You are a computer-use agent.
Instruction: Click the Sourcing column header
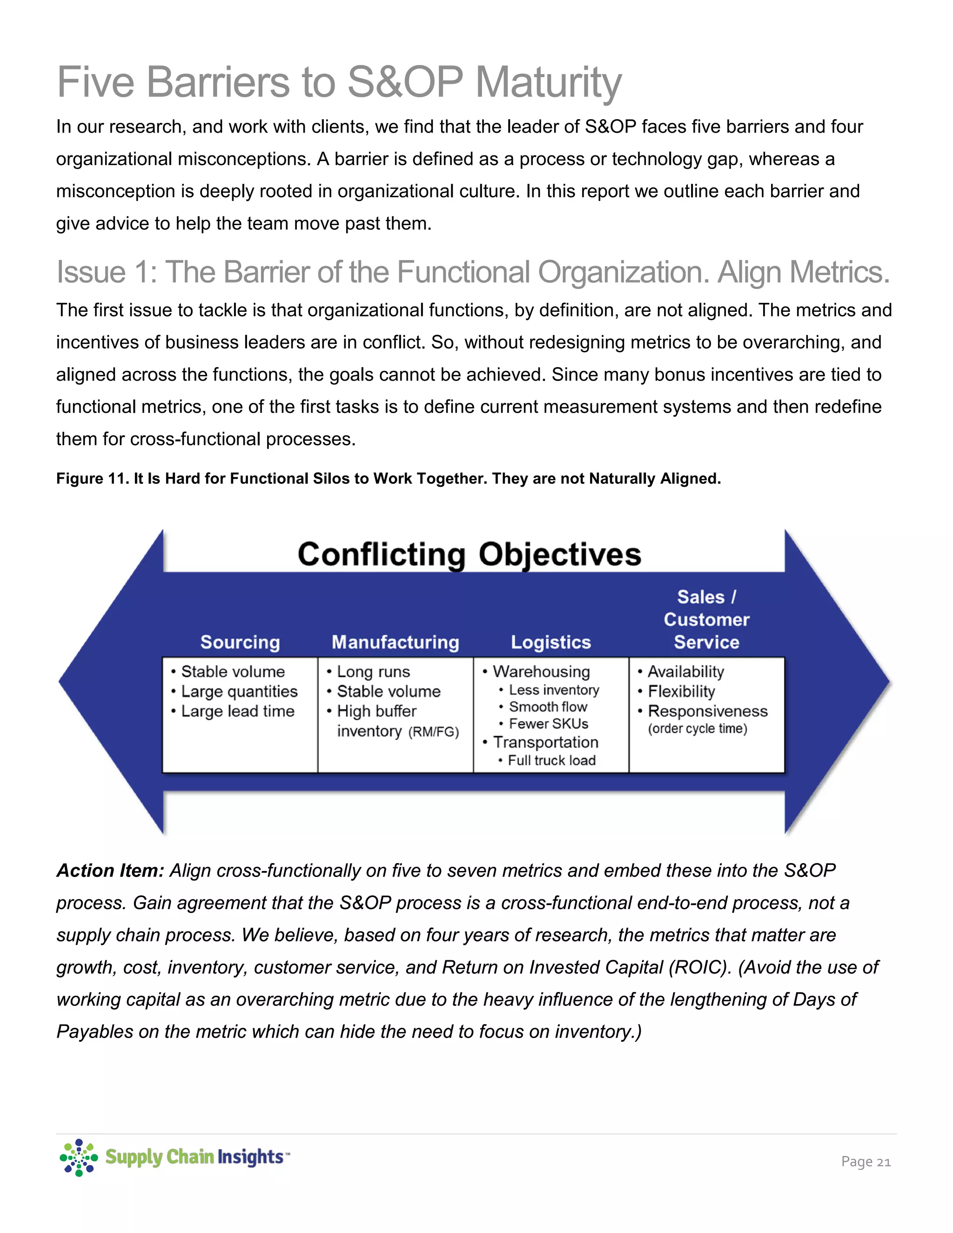(x=240, y=642)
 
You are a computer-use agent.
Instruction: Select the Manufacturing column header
(x=395, y=642)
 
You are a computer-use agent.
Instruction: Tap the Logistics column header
(x=550, y=642)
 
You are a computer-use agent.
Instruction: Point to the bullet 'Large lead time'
(x=237, y=711)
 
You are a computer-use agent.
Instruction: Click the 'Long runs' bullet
(x=373, y=671)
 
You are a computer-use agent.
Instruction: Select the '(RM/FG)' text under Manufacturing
(x=434, y=732)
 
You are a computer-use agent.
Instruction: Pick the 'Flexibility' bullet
(x=681, y=691)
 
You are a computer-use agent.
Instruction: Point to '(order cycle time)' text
(x=697, y=728)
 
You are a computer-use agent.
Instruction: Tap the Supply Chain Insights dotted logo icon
(x=79, y=1157)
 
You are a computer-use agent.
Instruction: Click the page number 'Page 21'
(x=866, y=1161)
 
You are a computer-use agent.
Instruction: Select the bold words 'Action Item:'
(x=110, y=871)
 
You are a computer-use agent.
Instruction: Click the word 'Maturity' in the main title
(x=548, y=82)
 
